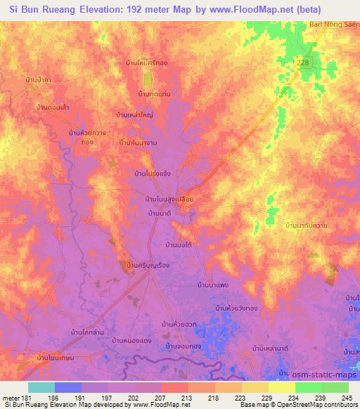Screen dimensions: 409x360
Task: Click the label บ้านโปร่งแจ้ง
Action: pos(153,171)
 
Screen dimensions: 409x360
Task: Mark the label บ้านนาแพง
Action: pos(215,285)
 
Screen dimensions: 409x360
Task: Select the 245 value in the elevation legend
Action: pos(347,397)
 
